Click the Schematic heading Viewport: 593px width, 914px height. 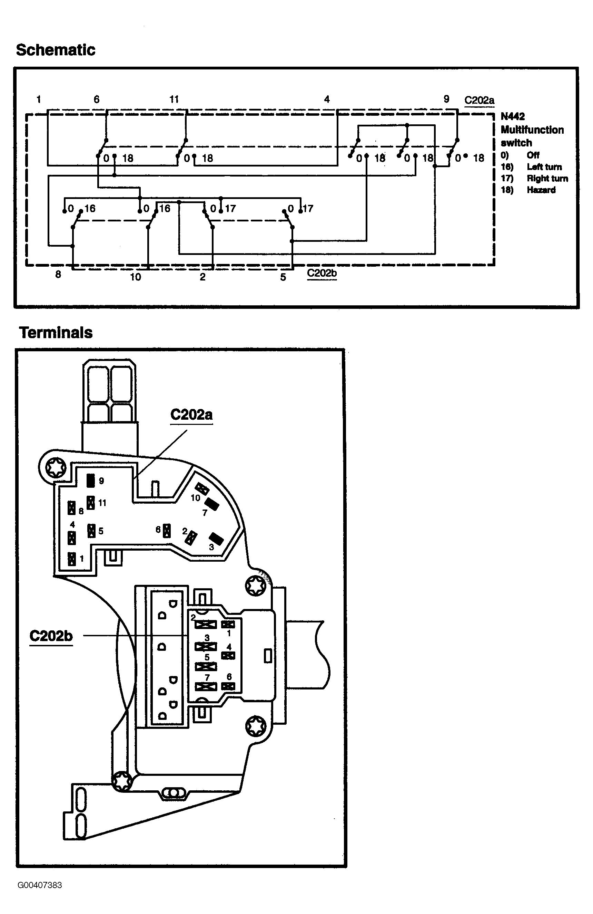(56, 50)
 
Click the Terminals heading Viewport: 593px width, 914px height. (56, 333)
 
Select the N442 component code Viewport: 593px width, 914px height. (513, 116)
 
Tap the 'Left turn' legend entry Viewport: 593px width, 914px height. (544, 167)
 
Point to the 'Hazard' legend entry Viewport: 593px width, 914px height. (541, 190)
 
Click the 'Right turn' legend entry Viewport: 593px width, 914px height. (547, 178)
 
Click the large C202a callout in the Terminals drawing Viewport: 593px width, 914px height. (191, 415)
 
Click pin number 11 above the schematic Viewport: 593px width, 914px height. (174, 99)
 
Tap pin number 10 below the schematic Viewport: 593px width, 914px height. (136, 277)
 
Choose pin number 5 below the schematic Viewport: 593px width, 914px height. (283, 277)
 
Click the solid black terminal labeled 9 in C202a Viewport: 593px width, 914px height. (90, 480)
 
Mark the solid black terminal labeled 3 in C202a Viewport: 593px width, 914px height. (216, 539)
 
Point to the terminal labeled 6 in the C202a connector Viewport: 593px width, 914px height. (167, 530)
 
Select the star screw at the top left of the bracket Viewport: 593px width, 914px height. (56, 467)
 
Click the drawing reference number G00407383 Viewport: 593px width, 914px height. (40, 885)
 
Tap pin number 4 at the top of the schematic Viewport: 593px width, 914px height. (327, 99)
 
